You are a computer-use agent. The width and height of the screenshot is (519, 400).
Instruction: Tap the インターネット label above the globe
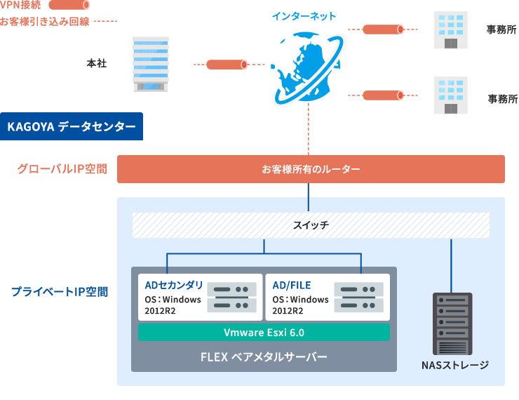(x=304, y=16)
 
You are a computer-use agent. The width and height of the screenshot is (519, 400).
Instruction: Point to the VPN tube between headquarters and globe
(x=226, y=65)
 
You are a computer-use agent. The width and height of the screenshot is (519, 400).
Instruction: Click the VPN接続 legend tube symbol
(x=69, y=6)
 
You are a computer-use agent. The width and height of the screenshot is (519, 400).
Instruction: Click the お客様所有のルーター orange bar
(x=311, y=169)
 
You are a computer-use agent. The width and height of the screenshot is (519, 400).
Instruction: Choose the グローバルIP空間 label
(x=62, y=169)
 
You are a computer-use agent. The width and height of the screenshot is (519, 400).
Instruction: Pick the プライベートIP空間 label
(x=59, y=291)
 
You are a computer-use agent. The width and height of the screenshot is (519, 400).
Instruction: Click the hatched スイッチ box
(x=311, y=225)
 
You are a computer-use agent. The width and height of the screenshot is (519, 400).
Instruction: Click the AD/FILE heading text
(x=291, y=285)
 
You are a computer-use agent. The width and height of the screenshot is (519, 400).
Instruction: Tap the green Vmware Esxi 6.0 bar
(x=264, y=332)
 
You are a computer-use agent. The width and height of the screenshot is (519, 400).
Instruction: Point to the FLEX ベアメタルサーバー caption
(x=264, y=356)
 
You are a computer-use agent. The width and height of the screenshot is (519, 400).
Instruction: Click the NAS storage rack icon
(x=454, y=323)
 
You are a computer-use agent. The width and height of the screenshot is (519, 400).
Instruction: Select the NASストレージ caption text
(x=454, y=366)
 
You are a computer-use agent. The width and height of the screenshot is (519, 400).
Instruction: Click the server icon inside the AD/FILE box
(x=358, y=297)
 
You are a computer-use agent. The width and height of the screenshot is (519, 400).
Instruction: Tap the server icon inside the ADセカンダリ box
(x=231, y=297)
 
